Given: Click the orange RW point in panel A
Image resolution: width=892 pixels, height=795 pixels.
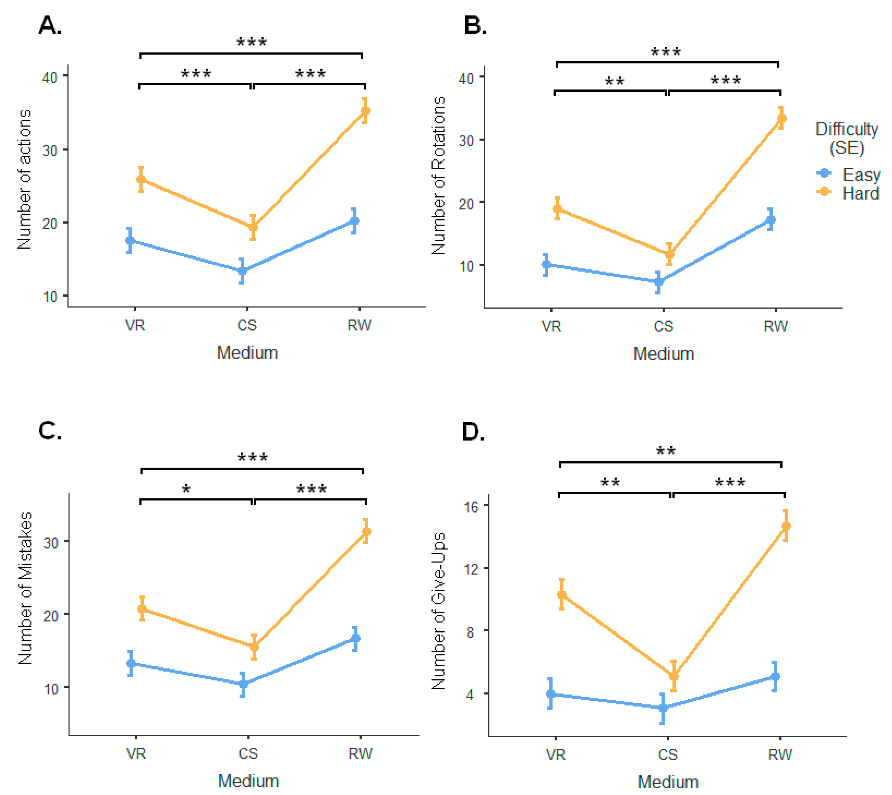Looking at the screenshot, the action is pyautogui.click(x=365, y=111).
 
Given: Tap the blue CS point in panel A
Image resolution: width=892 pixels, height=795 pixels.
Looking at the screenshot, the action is pyautogui.click(x=242, y=271).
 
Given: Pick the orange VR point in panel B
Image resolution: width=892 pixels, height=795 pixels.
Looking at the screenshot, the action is pyautogui.click(x=557, y=208).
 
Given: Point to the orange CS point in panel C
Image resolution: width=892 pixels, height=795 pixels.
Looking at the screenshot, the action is pyautogui.click(x=254, y=647).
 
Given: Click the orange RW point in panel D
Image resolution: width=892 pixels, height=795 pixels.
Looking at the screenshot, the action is pyautogui.click(x=785, y=526).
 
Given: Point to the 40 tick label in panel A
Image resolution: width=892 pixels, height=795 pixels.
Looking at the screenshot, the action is pyautogui.click(x=50, y=78).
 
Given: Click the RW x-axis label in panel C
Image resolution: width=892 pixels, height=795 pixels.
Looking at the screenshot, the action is pyautogui.click(x=360, y=753).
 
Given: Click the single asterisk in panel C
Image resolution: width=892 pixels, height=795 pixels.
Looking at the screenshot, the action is pyautogui.click(x=186, y=490).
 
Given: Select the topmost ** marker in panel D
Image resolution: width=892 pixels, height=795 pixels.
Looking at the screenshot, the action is pyautogui.click(x=666, y=451).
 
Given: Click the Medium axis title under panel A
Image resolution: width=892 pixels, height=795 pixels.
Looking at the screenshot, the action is pyautogui.click(x=247, y=352).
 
